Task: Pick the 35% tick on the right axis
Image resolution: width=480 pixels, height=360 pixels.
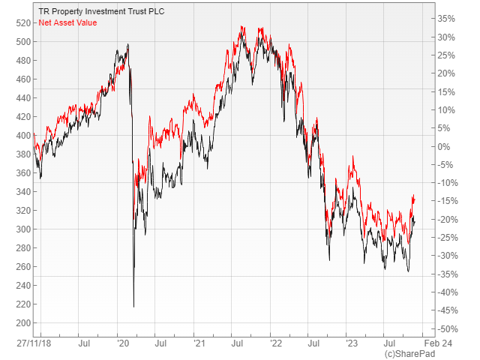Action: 447,18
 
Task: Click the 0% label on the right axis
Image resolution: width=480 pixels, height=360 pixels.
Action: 444,146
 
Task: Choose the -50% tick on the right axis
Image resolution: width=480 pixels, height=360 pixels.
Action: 448,329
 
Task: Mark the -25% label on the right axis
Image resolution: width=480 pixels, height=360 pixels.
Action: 448,238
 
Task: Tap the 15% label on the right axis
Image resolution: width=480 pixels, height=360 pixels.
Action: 447,91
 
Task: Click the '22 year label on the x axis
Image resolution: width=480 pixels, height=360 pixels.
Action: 274,343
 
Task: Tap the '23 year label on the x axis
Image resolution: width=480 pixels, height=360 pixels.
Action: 351,343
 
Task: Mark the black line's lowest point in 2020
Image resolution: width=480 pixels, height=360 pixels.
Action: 133,306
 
